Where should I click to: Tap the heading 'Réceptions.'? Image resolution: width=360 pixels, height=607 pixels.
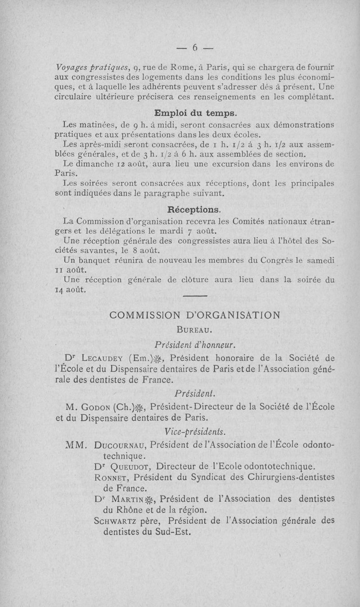194,210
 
